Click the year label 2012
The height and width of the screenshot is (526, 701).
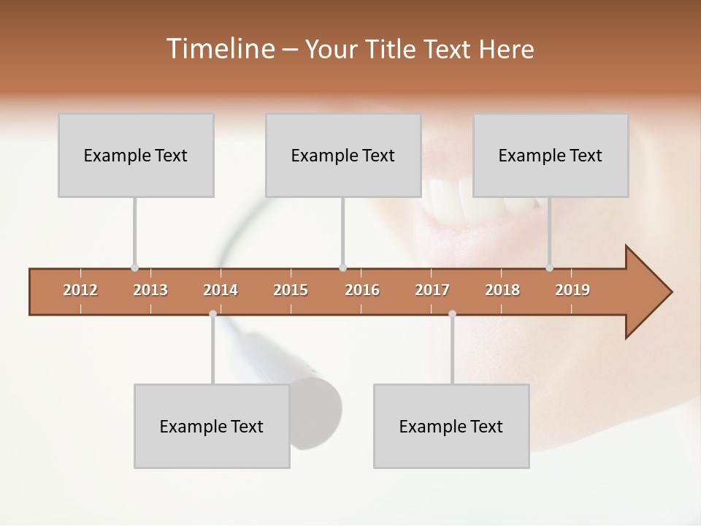click(80, 290)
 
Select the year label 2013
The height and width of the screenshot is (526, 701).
click(150, 290)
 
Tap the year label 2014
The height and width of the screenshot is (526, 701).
click(221, 290)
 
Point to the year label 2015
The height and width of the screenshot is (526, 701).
click(291, 290)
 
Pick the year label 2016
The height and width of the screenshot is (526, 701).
click(362, 290)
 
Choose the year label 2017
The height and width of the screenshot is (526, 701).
click(432, 290)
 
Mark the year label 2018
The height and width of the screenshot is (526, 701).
click(502, 290)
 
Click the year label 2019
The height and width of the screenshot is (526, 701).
click(572, 290)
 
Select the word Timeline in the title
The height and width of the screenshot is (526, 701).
click(219, 49)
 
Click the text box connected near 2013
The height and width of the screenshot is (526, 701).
click(136, 156)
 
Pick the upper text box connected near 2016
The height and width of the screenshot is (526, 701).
click(343, 156)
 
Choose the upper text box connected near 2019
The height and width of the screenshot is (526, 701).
click(551, 156)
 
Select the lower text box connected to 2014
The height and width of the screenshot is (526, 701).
click(212, 427)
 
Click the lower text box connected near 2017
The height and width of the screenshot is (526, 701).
click(451, 427)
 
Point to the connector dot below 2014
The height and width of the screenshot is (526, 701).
click(212, 313)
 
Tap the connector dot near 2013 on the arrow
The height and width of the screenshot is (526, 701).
click(134, 268)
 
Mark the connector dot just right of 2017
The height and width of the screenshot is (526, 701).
click(452, 313)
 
